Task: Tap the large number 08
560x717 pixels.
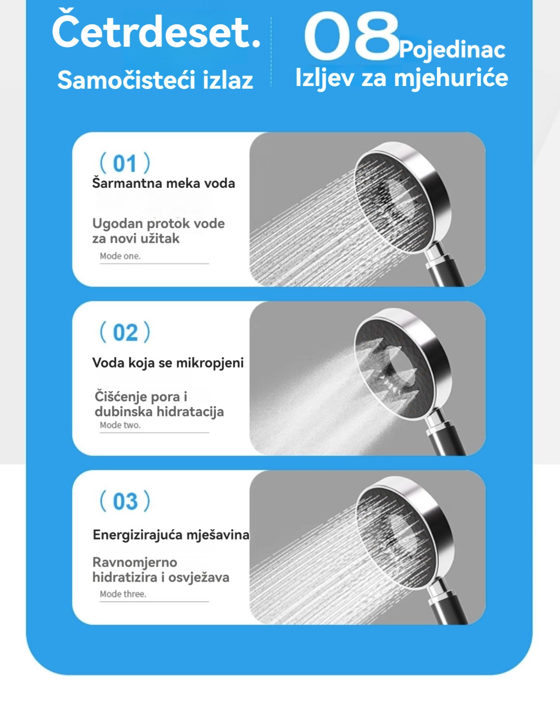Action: click(x=352, y=36)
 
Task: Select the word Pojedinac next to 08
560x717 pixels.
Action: click(x=452, y=51)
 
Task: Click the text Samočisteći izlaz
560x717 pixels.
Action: click(x=155, y=79)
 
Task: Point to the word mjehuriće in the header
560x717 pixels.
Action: click(x=451, y=78)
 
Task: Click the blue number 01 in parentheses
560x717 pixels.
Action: click(x=124, y=163)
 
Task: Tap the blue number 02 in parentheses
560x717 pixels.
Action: click(x=125, y=332)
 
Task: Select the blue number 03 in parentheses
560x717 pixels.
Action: click(x=125, y=501)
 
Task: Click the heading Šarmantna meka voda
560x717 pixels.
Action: click(x=163, y=183)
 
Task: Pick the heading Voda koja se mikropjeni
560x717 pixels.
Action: click(x=168, y=363)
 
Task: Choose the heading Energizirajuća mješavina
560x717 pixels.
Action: click(x=171, y=535)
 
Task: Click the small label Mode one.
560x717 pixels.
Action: click(x=120, y=256)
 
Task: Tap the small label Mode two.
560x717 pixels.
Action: click(x=120, y=425)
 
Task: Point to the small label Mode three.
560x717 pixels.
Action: click(x=123, y=594)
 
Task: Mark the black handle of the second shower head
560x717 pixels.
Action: click(x=448, y=439)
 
